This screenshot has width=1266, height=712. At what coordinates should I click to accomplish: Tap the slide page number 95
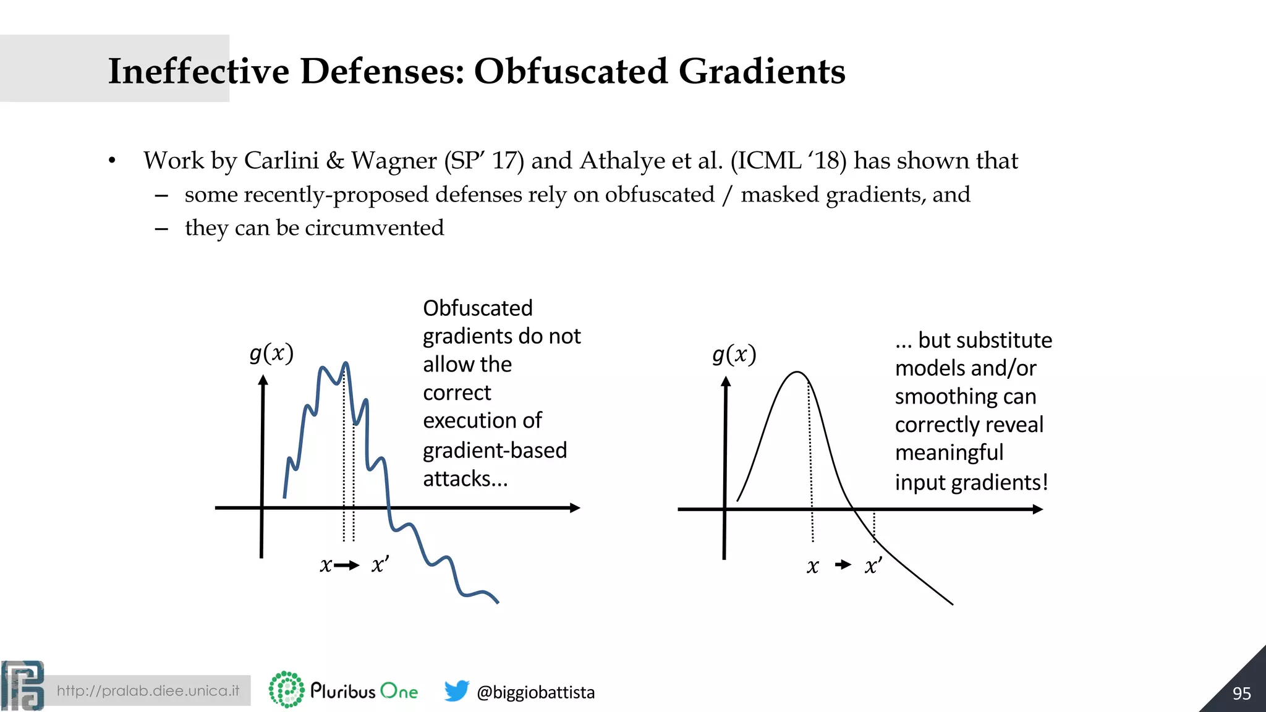[1241, 693]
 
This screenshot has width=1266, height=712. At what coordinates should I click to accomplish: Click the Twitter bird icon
[456, 690]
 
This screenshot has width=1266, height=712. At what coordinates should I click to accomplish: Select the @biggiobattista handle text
[535, 692]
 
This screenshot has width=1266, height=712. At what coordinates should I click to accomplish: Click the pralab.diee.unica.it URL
[148, 690]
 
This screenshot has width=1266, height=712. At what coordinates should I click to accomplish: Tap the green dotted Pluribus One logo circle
[287, 689]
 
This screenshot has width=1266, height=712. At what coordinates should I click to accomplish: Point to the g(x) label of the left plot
[271, 354]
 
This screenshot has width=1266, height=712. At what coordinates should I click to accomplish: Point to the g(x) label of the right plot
[734, 355]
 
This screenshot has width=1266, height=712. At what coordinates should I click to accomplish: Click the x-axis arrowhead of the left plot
[575, 508]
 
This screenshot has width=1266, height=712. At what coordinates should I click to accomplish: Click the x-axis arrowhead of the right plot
[1038, 509]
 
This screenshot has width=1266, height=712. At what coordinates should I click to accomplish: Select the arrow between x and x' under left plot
[347, 565]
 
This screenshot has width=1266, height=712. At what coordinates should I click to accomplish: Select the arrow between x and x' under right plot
[843, 564]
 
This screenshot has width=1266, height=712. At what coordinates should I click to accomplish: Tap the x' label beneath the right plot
[873, 566]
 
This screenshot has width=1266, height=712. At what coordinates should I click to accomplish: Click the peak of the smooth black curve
[797, 372]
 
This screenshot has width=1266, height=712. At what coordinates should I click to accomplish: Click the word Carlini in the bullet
[281, 161]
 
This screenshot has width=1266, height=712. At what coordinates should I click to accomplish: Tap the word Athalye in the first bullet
[621, 161]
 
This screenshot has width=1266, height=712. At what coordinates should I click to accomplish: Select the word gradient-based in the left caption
[495, 451]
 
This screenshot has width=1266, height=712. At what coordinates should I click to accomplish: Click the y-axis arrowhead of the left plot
[263, 381]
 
